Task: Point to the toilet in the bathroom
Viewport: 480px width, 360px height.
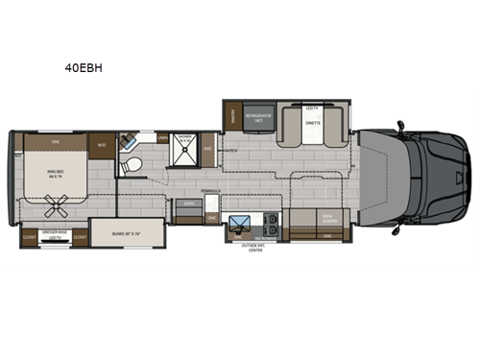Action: pos(134,167)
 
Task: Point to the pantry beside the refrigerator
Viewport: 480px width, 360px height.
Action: pos(231,118)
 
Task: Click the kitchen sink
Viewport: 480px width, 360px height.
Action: pos(239,228)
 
